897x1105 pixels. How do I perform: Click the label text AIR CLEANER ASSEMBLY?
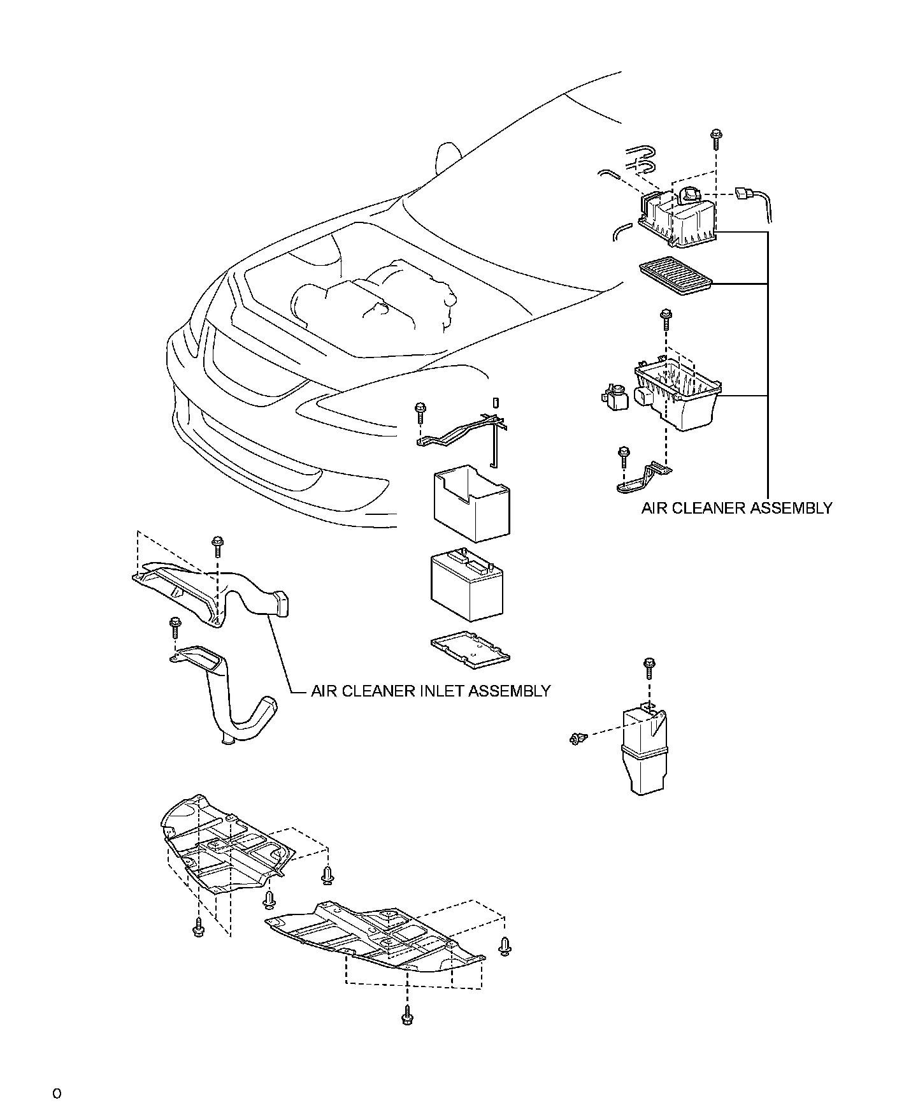point(736,508)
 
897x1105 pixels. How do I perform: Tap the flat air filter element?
point(677,272)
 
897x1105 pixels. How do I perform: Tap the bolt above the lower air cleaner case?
point(666,316)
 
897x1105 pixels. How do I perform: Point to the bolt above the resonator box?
point(649,666)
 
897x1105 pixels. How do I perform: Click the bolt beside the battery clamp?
point(419,411)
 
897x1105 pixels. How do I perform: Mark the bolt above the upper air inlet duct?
point(218,545)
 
